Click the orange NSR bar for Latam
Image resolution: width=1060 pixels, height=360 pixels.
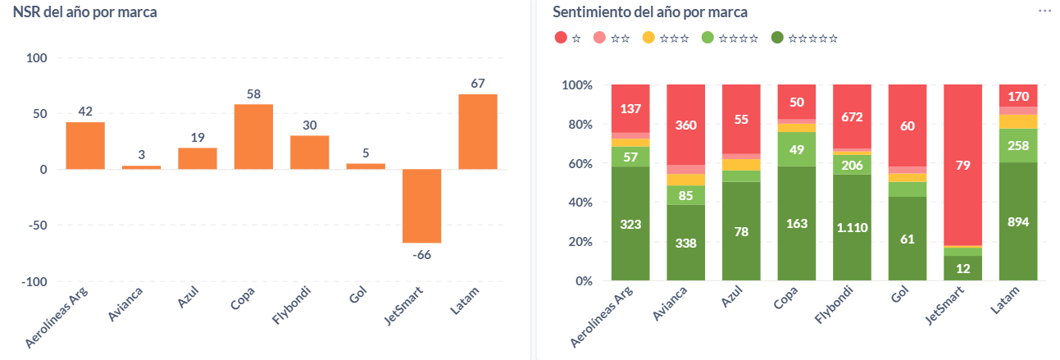[x=477, y=131]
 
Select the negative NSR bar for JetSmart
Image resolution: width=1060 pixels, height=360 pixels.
[x=421, y=206]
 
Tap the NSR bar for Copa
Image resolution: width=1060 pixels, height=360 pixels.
[x=253, y=136]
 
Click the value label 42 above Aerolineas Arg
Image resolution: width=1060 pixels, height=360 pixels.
[x=85, y=111]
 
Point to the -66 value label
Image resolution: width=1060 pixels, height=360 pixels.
[x=421, y=254]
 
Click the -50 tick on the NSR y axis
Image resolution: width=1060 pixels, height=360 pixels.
[x=38, y=226]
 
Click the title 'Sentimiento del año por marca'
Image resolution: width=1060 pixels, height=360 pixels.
[x=650, y=12]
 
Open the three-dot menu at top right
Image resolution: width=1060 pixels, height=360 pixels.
[x=1044, y=11]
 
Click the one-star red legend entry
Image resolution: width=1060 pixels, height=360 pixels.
[x=567, y=38]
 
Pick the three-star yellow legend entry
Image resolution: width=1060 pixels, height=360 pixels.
[x=665, y=38]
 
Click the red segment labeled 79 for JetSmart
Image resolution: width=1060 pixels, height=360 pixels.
[x=962, y=164]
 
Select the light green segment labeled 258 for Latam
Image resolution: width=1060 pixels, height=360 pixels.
[x=1018, y=145]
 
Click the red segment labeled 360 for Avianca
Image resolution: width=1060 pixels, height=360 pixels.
[x=685, y=125]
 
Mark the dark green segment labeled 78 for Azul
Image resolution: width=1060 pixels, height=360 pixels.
[x=741, y=231]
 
